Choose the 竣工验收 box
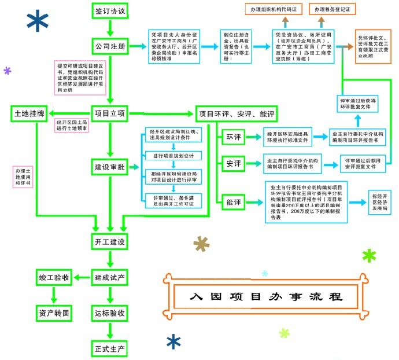[x=54, y=278]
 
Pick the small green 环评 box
[x=233, y=137]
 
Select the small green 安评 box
[x=233, y=164]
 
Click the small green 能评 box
[x=233, y=202]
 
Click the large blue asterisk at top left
[x=37, y=21]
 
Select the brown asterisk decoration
[x=201, y=245]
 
